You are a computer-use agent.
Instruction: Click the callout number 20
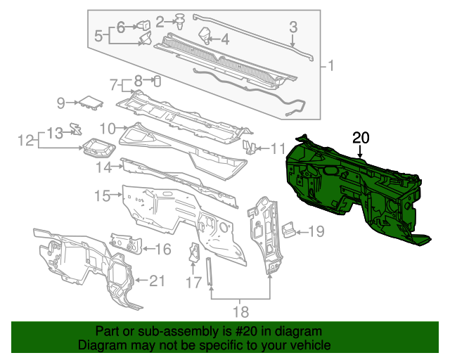tap(360, 138)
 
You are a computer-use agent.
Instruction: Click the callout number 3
tap(294, 27)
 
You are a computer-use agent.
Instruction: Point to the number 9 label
tap(61, 104)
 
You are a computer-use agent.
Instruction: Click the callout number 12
tap(26, 141)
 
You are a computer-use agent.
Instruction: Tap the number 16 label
tap(162, 248)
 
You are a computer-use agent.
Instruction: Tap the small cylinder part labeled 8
tap(157, 79)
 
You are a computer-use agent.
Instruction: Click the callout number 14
tap(104, 167)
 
